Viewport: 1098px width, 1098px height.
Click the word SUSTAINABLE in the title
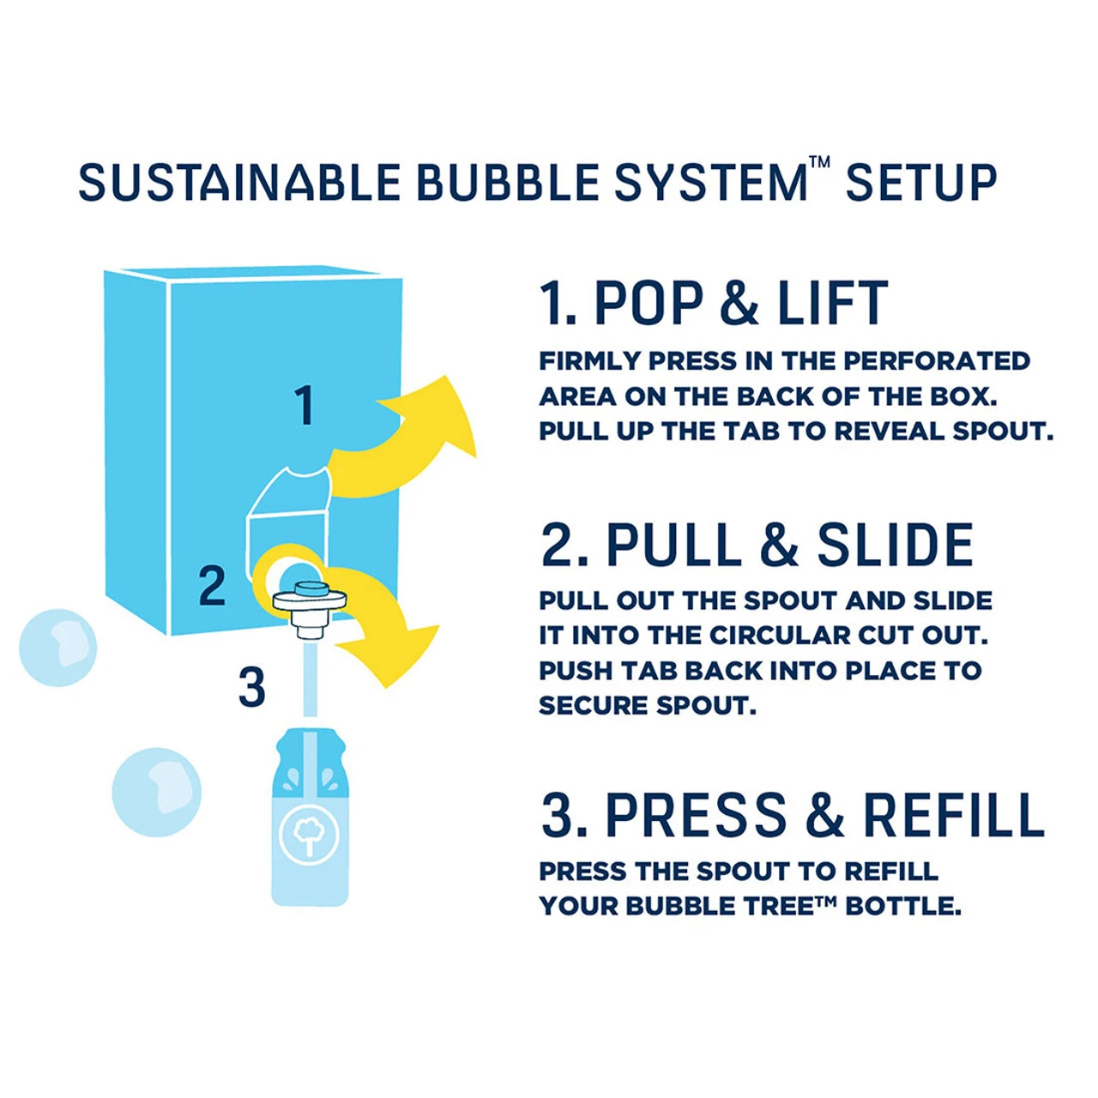239,184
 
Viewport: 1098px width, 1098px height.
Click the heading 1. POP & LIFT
713,304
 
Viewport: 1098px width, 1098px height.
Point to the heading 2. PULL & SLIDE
757,546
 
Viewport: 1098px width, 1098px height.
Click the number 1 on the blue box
304,406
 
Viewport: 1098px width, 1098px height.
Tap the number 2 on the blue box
212,586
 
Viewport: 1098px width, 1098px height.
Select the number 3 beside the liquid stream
251,687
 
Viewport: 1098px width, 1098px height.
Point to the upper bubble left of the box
58,648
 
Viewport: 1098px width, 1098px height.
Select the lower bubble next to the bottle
157,792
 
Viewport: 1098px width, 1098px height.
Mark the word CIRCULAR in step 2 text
771,636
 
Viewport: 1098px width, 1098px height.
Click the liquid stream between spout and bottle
310,682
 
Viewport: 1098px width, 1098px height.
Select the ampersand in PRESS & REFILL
824,815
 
